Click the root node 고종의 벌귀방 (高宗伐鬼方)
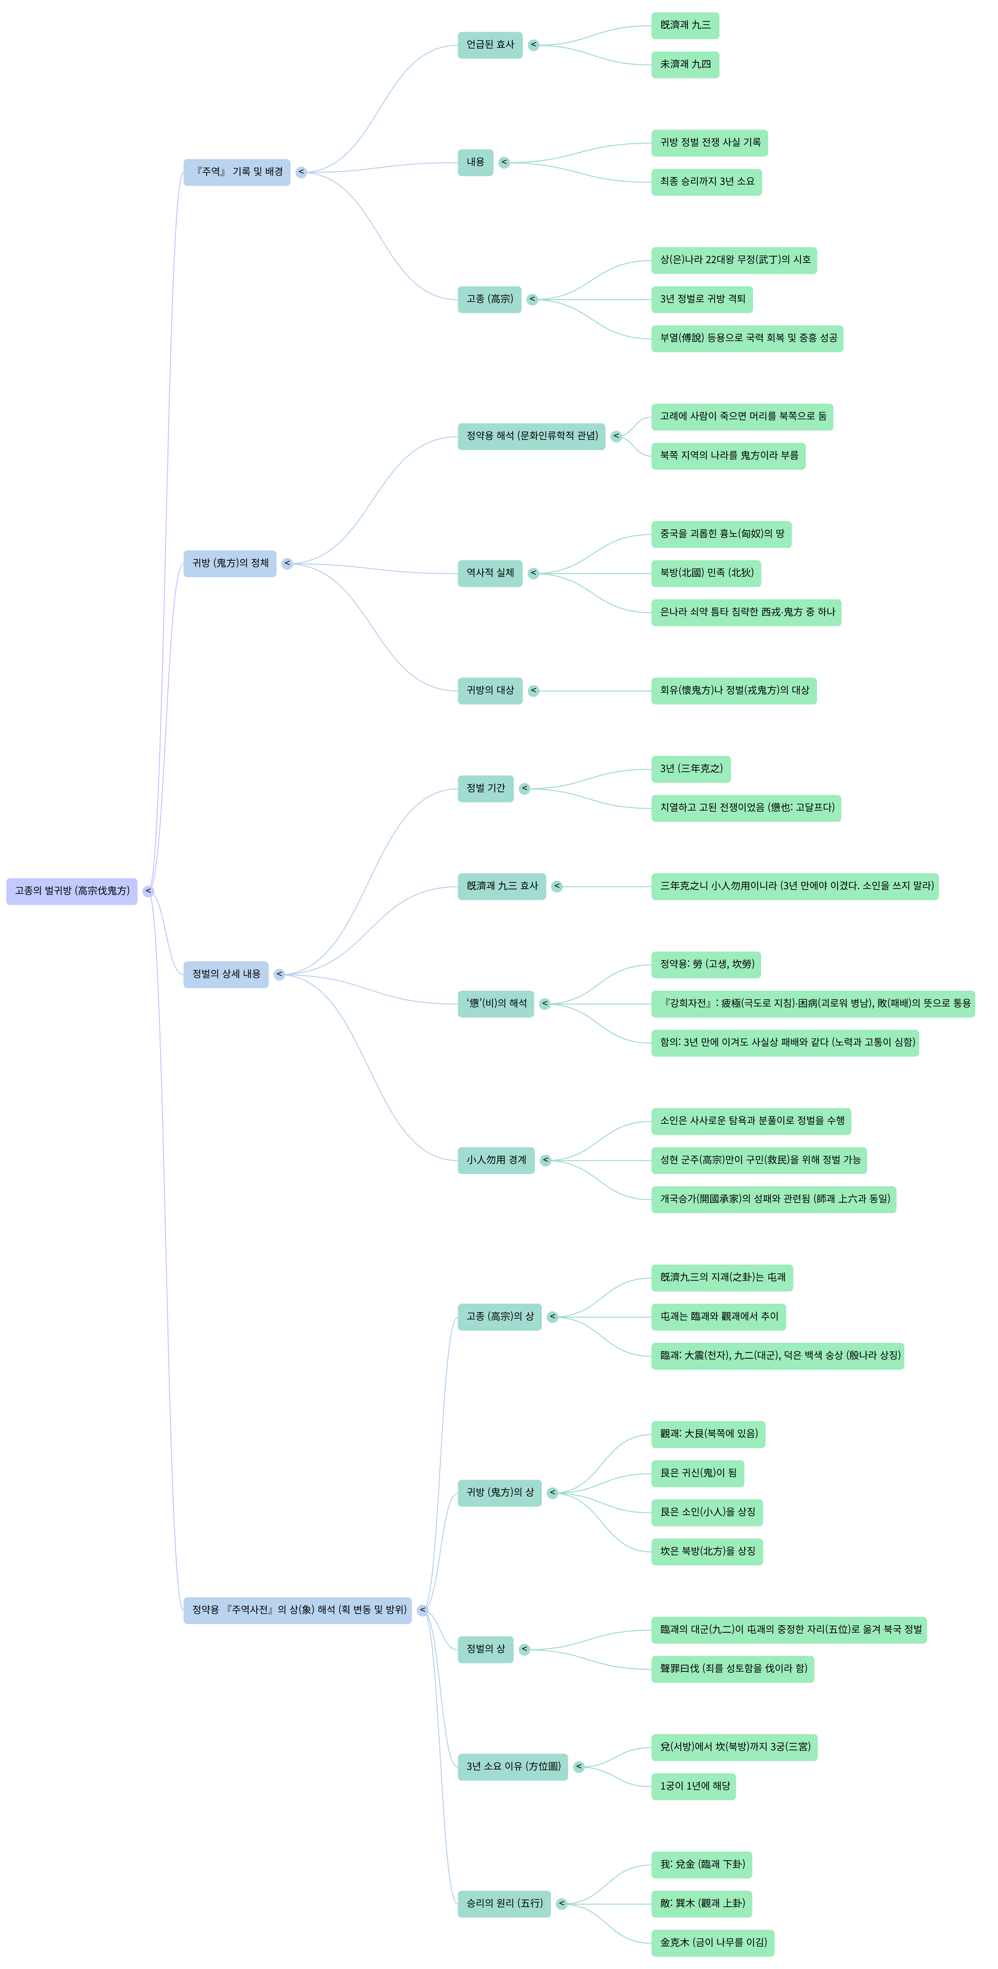(x=72, y=891)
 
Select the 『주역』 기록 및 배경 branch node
(x=237, y=172)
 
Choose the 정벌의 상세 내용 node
(x=226, y=974)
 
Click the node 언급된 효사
(x=490, y=45)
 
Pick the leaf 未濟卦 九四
(x=685, y=64)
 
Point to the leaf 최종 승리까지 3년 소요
(x=706, y=182)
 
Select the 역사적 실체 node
(x=490, y=573)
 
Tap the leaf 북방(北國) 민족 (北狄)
(x=706, y=573)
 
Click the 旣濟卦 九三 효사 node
(x=502, y=887)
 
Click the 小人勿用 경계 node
(x=496, y=1160)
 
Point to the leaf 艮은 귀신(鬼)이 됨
(x=698, y=1474)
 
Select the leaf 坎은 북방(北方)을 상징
(x=707, y=1552)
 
